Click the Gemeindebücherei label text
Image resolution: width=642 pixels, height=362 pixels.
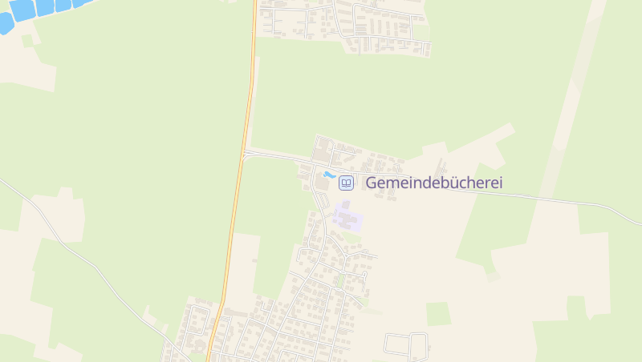433,183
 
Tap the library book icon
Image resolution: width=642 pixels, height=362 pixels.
346,183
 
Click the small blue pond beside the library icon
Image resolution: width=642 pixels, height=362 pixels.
328,175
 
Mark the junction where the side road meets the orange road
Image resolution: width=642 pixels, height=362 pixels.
243,152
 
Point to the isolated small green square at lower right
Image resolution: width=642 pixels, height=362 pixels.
437,313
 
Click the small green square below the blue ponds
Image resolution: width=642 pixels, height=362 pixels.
27,40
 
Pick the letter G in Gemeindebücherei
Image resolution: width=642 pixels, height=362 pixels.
372,183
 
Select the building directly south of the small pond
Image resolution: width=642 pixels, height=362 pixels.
322,185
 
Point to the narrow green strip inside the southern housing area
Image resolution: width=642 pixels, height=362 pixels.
340,280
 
